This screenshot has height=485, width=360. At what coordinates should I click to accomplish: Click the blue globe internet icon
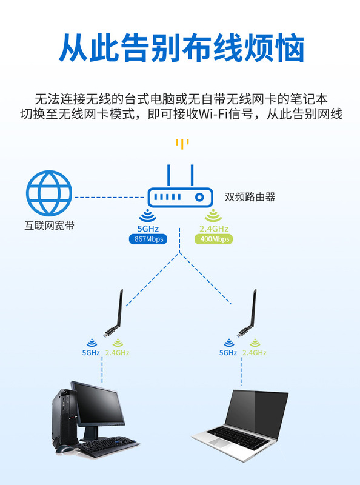click(49, 193)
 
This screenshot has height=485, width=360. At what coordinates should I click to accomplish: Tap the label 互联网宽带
click(50, 226)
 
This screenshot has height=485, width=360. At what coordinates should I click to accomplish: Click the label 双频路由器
click(250, 197)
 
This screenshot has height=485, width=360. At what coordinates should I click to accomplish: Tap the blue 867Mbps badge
click(148, 239)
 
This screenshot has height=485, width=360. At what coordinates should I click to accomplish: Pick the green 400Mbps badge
click(214, 239)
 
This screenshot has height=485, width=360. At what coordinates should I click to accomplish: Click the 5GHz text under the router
click(148, 229)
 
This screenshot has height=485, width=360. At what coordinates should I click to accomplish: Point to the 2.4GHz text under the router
click(214, 229)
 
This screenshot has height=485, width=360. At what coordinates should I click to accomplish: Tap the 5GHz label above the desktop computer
click(91, 353)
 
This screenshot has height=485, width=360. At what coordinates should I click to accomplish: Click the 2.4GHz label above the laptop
click(255, 353)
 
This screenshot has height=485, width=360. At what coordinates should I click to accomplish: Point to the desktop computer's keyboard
click(107, 446)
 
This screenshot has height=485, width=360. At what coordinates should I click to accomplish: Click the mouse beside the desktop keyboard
click(65, 449)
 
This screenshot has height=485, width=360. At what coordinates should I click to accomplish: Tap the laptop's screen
click(256, 413)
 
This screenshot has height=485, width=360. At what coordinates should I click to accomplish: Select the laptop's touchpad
click(218, 443)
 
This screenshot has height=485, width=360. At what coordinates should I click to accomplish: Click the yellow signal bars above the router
click(182, 144)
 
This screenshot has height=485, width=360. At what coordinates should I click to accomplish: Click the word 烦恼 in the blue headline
click(275, 48)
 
